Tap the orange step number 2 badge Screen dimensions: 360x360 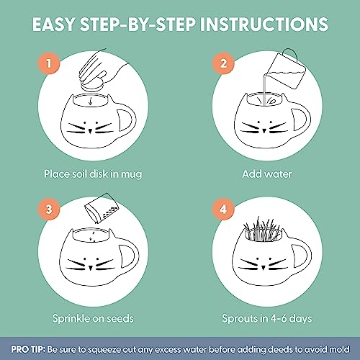pos(223,62)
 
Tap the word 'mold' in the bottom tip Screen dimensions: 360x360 pos(336,348)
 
